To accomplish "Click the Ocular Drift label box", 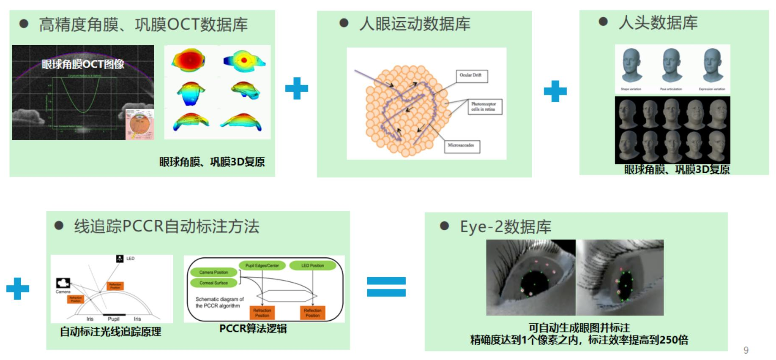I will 471,76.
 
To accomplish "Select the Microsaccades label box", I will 461,146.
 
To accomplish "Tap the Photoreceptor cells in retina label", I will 484,106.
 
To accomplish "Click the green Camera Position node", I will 213,273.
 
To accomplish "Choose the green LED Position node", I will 312,266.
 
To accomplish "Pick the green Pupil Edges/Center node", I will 262,266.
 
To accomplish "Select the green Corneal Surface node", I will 213,283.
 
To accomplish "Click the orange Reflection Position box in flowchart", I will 312,313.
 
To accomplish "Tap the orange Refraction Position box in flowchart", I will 262,313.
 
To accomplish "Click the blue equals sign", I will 386,286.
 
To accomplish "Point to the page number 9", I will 746,350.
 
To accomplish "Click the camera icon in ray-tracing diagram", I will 63,283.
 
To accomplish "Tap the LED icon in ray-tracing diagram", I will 120,259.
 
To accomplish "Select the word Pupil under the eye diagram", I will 114,319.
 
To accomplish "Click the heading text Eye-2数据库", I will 505,227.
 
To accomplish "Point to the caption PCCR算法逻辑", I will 253,329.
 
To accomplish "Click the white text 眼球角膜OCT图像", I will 83,64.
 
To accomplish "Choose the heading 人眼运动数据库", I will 414,24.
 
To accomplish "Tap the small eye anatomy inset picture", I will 140,124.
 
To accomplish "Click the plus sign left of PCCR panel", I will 18,289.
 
